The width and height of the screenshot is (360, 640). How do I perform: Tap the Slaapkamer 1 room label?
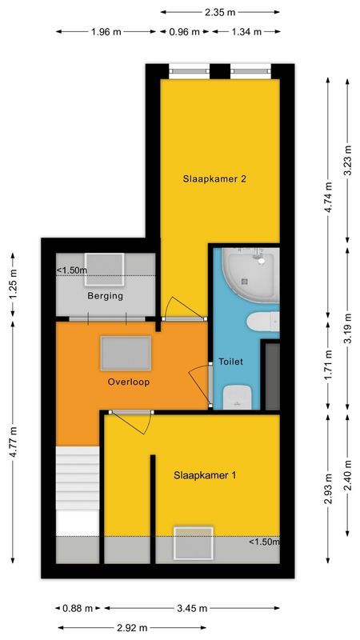[205, 475]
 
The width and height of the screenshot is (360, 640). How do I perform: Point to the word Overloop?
[129, 382]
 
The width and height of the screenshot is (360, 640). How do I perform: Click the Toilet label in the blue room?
[230, 362]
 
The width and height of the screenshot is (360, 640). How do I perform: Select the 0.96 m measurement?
[184, 32]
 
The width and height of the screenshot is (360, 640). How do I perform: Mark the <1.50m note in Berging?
[72, 270]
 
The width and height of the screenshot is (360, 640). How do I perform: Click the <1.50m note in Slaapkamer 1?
[264, 542]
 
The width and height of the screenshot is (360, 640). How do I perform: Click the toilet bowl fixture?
[238, 396]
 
